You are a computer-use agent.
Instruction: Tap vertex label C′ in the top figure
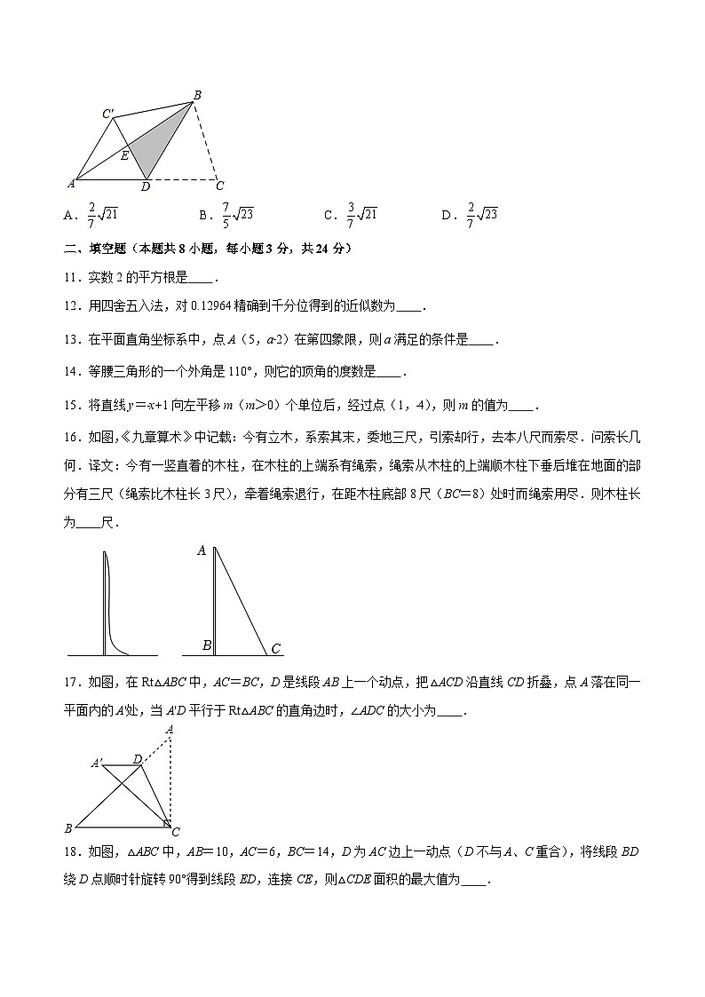pyautogui.click(x=107, y=114)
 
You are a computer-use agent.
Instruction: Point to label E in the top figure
pyautogui.click(x=124, y=156)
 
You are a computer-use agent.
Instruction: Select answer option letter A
pyautogui.click(x=68, y=215)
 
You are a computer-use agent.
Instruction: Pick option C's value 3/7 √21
pyautogui.click(x=361, y=214)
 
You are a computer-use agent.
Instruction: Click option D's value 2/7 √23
pyautogui.click(x=481, y=214)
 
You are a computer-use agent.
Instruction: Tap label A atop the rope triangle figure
pyautogui.click(x=202, y=550)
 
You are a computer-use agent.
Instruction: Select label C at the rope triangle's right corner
pyautogui.click(x=276, y=650)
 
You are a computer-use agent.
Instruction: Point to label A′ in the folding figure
pyautogui.click(x=97, y=763)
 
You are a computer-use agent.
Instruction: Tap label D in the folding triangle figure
pyautogui.click(x=137, y=759)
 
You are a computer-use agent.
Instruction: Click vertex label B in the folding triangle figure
pyautogui.click(x=68, y=828)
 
